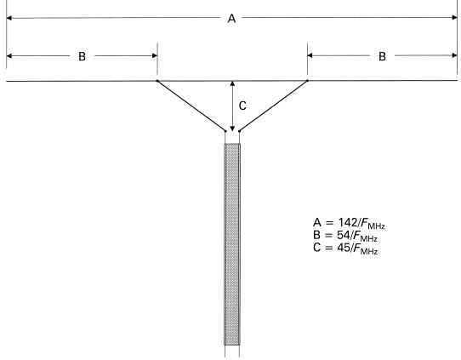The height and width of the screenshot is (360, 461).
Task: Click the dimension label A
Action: click(x=231, y=19)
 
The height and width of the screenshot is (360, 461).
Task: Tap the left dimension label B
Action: click(x=82, y=56)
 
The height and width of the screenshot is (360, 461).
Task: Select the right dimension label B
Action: click(x=382, y=56)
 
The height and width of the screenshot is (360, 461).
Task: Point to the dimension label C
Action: click(x=242, y=106)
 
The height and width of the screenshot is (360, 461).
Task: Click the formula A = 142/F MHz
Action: click(x=349, y=223)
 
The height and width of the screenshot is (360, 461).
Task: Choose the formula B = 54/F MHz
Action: click(x=345, y=236)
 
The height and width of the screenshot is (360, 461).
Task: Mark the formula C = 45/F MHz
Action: click(x=345, y=249)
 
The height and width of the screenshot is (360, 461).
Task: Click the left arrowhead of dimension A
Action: click(x=9, y=18)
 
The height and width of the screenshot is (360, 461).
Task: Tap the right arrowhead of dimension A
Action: click(x=454, y=18)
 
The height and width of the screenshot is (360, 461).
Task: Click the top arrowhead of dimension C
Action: click(x=232, y=83)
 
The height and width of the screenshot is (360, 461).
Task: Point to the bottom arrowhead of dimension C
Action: click(x=232, y=129)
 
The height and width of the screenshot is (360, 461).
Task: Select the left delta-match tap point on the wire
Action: click(x=157, y=81)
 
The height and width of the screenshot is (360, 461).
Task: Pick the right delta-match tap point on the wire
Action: click(x=308, y=80)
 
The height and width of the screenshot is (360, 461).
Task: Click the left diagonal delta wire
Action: click(x=191, y=106)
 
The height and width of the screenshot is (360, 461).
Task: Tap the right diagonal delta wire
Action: click(x=273, y=106)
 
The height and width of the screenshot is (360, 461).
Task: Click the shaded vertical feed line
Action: click(x=232, y=244)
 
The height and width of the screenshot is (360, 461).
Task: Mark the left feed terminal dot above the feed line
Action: click(x=225, y=131)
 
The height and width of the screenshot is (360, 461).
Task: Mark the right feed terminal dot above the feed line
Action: click(x=239, y=131)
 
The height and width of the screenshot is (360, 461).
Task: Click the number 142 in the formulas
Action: click(x=347, y=222)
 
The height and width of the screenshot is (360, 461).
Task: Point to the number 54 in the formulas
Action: click(x=343, y=235)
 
